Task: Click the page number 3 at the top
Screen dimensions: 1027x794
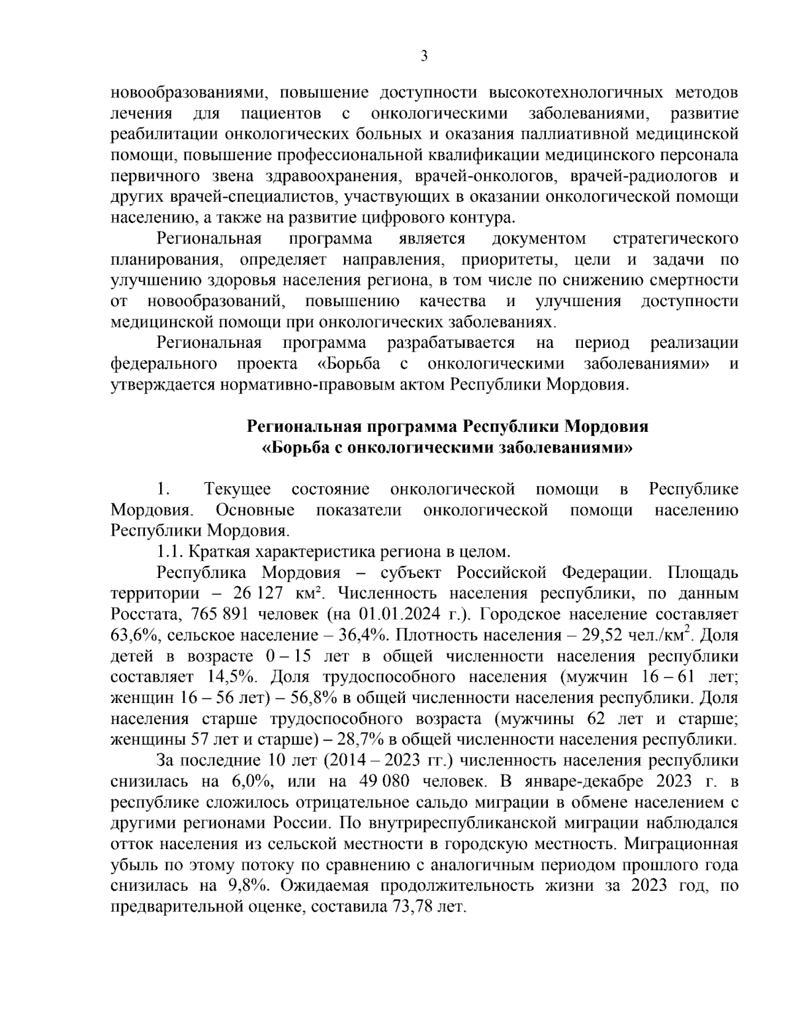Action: click(424, 56)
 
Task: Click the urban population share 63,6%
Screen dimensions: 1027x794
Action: click(132, 636)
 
